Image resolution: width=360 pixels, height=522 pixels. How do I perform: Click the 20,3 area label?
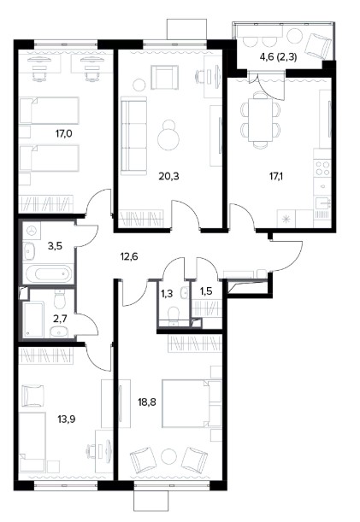coord(168,176)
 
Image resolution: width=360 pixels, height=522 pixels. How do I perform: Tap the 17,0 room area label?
coord(63,134)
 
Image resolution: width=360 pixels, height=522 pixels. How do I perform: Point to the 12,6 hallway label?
coord(128,256)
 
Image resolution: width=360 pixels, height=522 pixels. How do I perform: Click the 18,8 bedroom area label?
coord(147,402)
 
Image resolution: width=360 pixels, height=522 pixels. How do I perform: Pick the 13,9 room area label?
coord(66,419)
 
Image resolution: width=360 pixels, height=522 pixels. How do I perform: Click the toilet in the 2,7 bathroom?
coord(60,299)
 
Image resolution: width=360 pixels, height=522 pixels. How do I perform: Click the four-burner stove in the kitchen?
coord(322,167)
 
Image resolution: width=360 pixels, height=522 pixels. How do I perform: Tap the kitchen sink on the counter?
coord(322,202)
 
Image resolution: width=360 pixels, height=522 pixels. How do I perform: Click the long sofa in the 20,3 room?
coord(133,136)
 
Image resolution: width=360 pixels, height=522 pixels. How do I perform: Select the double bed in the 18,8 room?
coord(192,402)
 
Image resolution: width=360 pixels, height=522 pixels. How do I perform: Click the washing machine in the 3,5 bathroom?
coord(32,231)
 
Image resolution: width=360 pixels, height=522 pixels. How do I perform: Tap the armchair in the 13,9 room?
coord(32,396)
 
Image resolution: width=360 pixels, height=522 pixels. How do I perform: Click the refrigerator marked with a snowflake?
coord(286,219)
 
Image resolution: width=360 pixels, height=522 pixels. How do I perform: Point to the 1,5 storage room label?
coord(206,291)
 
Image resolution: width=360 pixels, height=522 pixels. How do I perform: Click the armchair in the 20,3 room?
coord(164,77)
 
